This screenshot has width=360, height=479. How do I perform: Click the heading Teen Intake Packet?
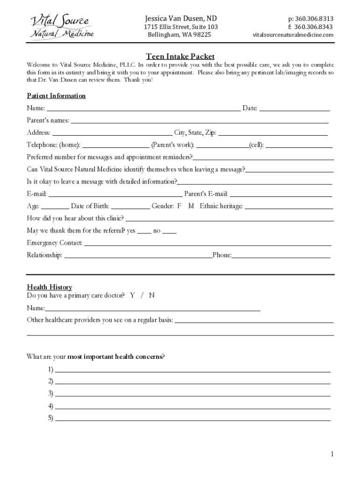[180, 57]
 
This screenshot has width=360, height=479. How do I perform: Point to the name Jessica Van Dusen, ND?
[180, 19]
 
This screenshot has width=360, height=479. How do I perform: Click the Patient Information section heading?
[56, 96]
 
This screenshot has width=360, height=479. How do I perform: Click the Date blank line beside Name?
[295, 109]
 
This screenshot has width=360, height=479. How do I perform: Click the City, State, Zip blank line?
[273, 133]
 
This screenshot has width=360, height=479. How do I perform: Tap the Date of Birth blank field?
[130, 206]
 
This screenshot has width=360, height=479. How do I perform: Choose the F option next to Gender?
[179, 206]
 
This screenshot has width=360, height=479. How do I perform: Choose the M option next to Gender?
[191, 206]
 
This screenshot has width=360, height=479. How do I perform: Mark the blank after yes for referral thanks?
[144, 231]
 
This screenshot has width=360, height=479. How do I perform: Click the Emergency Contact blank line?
[208, 243]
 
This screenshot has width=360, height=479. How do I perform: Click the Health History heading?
[49, 287]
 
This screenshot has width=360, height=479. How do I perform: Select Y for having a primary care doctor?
[133, 296]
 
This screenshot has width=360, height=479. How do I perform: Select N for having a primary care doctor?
[152, 296]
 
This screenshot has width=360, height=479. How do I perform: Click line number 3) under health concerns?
[192, 394]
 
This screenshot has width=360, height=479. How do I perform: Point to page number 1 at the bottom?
[331, 454]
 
